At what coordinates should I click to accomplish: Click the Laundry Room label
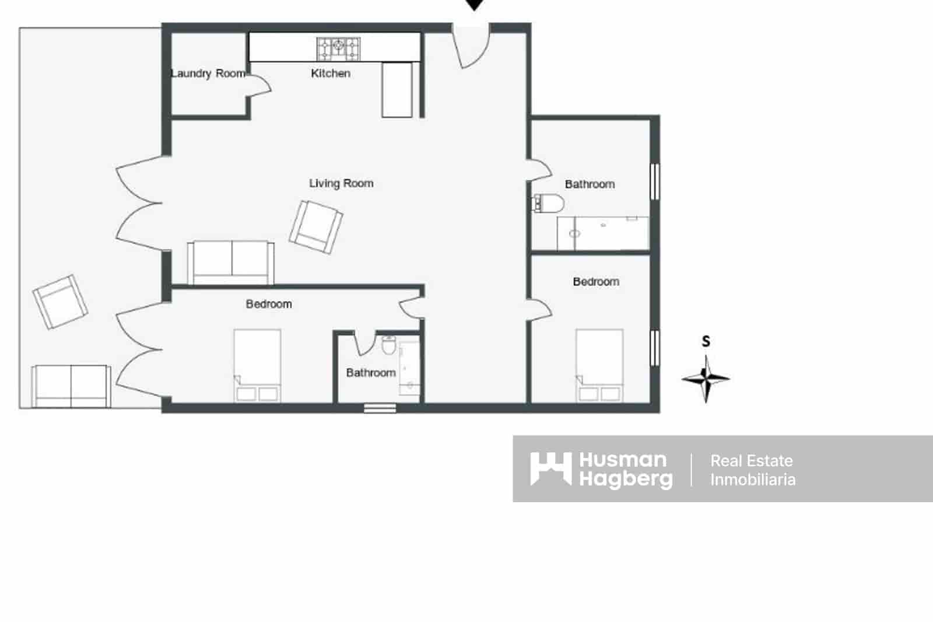click(x=208, y=74)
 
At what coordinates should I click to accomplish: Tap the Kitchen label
click(x=331, y=74)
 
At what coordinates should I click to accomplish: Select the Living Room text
click(x=341, y=183)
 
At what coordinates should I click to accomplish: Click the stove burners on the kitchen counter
click(x=339, y=48)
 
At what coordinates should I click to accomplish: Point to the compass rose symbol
click(x=706, y=378)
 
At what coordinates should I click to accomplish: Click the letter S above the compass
click(x=706, y=341)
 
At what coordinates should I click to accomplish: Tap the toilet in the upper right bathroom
click(x=549, y=204)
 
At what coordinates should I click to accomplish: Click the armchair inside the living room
click(x=315, y=226)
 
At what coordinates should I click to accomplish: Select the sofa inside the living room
click(x=231, y=262)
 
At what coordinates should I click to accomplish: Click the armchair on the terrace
click(x=60, y=302)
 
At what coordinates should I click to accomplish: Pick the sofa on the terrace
click(x=71, y=386)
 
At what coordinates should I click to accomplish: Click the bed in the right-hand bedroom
click(x=599, y=365)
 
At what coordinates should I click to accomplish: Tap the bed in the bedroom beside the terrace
click(x=257, y=365)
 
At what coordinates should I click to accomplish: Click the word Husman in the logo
click(x=623, y=460)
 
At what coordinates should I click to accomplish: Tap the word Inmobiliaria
click(x=753, y=480)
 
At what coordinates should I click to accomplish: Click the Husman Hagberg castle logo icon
click(x=550, y=469)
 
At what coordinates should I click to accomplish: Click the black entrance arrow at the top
click(x=475, y=5)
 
